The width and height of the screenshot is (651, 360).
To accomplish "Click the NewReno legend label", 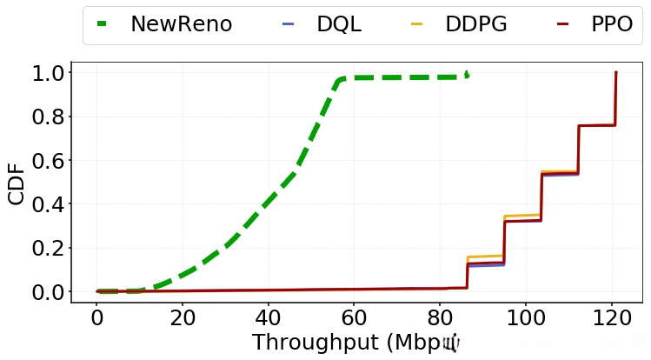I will pyautogui.click(x=181, y=24).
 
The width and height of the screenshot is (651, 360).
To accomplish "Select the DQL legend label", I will pyautogui.click(x=339, y=24).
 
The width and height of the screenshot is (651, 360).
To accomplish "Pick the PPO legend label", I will pyautogui.click(x=611, y=24).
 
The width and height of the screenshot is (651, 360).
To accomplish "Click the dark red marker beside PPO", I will pyautogui.click(x=562, y=24).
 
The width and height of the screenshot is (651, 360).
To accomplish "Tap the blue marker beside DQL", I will pyautogui.click(x=289, y=24).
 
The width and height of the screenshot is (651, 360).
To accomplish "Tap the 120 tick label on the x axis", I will pyautogui.click(x=611, y=317).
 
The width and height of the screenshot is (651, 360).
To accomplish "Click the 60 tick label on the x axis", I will pyautogui.click(x=354, y=317).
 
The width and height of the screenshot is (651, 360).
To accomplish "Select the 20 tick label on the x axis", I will pyautogui.click(x=183, y=317).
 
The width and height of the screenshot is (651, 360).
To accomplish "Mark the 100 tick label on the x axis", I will pyautogui.click(x=525, y=317).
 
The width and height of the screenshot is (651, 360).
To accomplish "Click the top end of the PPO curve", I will pyautogui.click(x=615, y=73).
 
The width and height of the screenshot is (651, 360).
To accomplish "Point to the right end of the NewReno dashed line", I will pyautogui.click(x=468, y=74).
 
